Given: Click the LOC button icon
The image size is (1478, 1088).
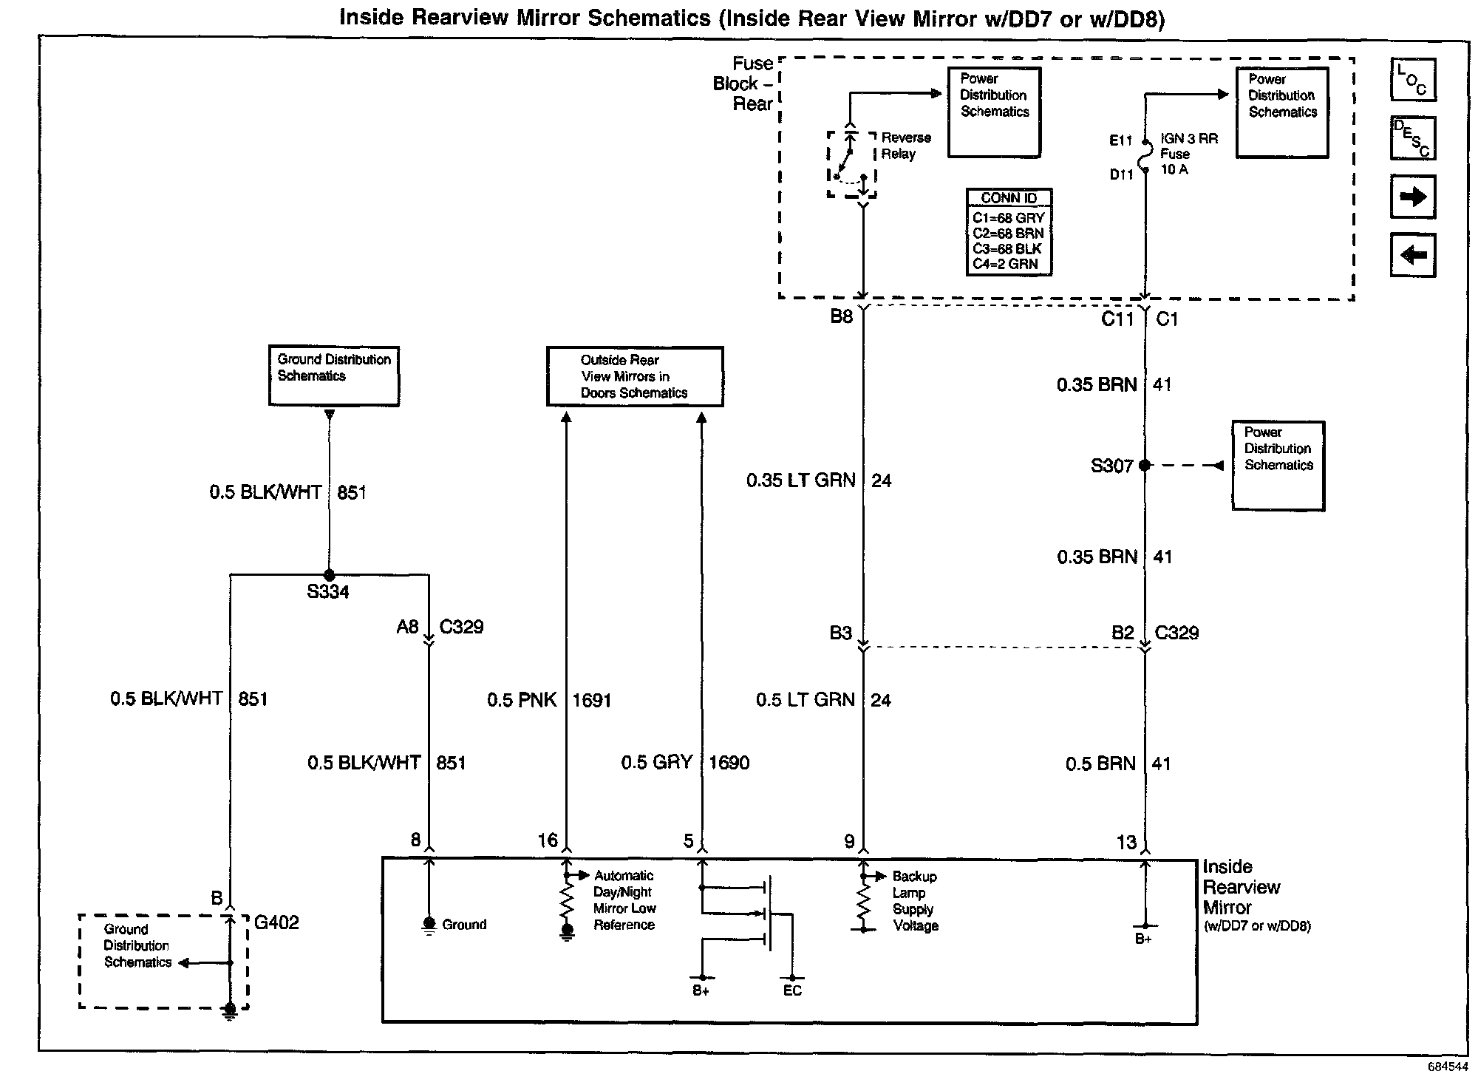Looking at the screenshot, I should (1412, 80).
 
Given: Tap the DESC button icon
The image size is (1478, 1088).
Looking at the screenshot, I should (1412, 138).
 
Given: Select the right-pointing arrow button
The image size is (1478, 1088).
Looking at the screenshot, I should (1412, 197).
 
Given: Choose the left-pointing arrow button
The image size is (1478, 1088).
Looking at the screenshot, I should (1412, 255).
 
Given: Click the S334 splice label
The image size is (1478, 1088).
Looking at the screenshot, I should (328, 592).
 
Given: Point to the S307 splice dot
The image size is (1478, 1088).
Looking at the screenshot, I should (1145, 465).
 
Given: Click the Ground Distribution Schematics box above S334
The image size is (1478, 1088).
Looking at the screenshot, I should (333, 375).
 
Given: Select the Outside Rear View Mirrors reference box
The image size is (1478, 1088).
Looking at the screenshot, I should (634, 376).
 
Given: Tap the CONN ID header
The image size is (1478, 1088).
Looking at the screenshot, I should (1009, 198).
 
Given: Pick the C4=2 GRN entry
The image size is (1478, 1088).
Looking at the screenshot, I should (1005, 264).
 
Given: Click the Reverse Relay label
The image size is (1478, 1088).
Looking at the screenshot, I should (906, 146).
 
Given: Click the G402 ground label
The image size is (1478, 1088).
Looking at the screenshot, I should (276, 922).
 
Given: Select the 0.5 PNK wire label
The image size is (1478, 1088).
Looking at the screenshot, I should (522, 700).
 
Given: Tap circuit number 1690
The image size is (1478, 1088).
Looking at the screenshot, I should (729, 763).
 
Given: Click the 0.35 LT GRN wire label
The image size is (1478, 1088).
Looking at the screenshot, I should (800, 480).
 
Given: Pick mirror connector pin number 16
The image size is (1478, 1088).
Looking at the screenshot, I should (548, 840).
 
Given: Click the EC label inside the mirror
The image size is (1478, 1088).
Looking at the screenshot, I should (792, 990).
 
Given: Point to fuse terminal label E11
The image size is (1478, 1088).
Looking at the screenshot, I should (1120, 140).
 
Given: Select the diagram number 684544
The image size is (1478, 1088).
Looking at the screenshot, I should (1448, 1067).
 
